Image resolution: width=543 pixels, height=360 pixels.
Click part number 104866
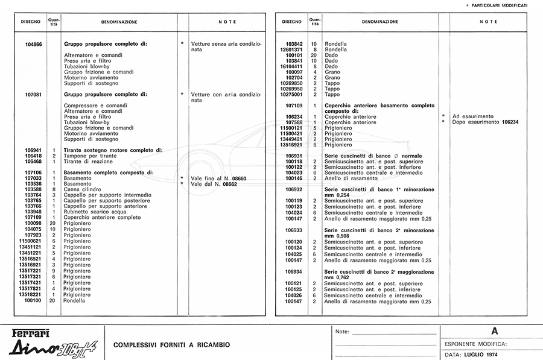point(34,44)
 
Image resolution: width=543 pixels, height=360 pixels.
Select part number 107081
point(34,95)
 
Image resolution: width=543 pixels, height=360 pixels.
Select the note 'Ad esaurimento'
point(473,116)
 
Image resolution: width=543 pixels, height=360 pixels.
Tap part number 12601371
point(296,50)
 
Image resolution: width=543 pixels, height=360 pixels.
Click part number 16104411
point(296,66)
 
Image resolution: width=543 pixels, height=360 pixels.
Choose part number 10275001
point(296,94)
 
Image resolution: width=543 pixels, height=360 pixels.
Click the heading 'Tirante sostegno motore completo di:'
point(113,150)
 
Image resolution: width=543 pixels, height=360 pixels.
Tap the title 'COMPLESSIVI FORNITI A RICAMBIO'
point(172,345)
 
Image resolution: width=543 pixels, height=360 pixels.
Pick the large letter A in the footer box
point(495,331)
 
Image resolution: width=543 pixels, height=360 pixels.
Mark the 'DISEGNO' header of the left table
point(31,22)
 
